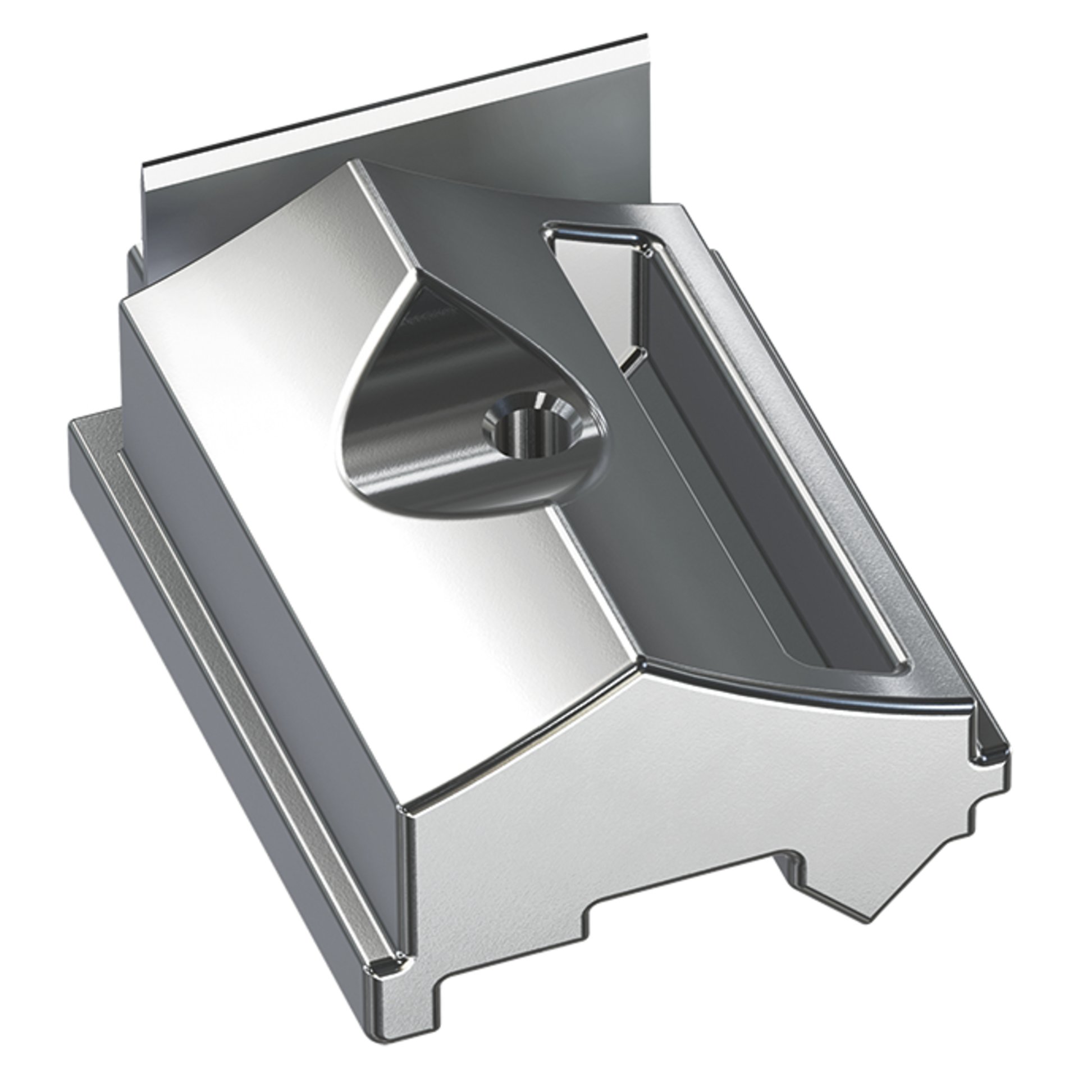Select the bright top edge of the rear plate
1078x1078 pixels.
tap(393, 101)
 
